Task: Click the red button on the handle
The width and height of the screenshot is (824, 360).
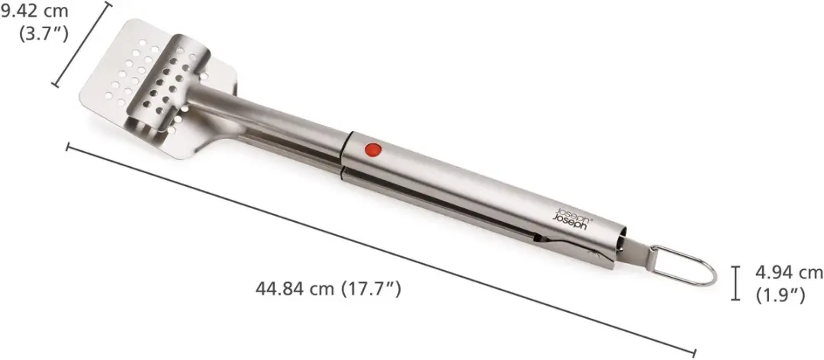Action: click(373, 150)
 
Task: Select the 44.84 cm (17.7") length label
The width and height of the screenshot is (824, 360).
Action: click(328, 289)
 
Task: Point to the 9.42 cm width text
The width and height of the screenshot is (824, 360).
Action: click(34, 11)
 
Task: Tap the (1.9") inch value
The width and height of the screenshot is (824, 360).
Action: click(781, 295)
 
